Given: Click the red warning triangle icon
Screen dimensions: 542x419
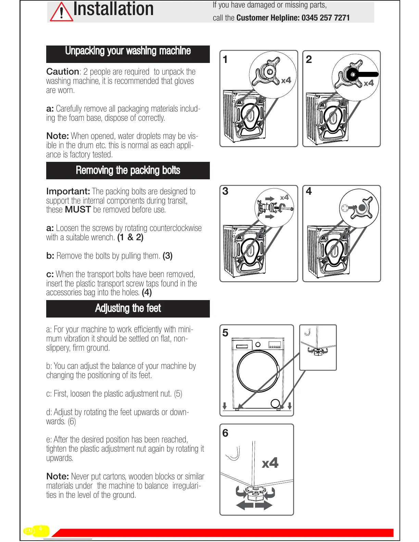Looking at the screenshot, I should (62, 12).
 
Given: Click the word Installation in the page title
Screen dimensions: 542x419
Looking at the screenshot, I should (113, 9).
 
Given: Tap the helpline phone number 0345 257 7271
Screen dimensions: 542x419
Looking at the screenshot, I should (326, 18).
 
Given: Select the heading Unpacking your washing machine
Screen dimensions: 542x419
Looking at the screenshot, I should (128, 51).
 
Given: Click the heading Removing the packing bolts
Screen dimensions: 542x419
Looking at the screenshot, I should (128, 170).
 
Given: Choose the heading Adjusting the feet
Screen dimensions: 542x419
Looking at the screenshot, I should (128, 308).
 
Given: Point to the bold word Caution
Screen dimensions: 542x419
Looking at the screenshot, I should (63, 72).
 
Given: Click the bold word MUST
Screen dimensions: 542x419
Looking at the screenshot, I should (78, 209).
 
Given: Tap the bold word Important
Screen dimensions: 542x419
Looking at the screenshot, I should (68, 191).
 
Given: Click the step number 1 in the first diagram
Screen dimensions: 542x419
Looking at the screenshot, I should (225, 60).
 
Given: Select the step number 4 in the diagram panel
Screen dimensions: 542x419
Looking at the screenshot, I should (309, 191).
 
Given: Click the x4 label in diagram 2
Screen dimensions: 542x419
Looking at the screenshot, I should (369, 83).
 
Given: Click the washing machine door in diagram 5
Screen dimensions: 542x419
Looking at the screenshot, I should (258, 371).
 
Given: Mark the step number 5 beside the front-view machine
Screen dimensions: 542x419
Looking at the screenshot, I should (225, 333).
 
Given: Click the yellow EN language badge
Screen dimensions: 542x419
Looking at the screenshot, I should (29, 531).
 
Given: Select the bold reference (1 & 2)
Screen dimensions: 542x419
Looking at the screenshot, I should (130, 237).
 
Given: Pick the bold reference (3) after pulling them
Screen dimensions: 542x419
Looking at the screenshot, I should (167, 256).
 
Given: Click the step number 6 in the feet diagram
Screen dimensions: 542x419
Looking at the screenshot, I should (225, 433).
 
